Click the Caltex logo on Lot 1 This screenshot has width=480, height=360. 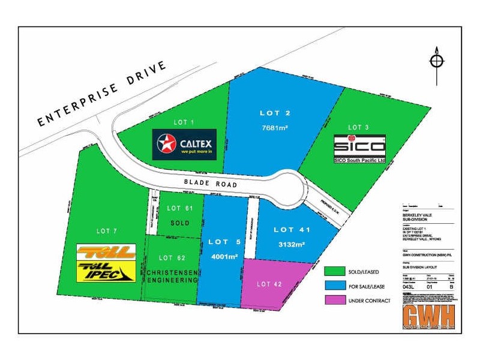184,145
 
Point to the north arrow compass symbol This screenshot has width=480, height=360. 436,61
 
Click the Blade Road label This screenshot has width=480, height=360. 212,185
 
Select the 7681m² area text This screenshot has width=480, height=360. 275,128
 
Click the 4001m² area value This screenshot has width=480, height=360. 223,257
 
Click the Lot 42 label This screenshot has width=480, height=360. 268,284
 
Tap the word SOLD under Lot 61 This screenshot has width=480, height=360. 179,223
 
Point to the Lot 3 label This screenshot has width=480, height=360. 359,127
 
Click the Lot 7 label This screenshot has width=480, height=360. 106,231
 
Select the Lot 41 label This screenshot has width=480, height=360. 292,229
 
